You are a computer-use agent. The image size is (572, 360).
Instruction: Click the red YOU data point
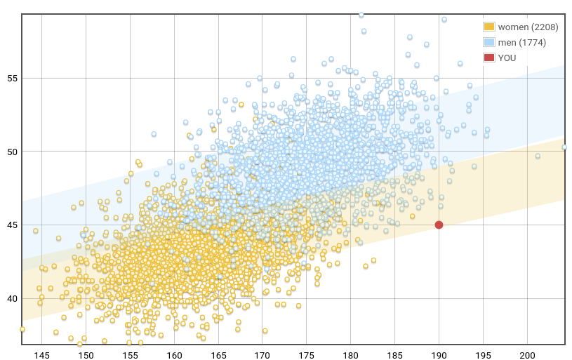click(x=439, y=225)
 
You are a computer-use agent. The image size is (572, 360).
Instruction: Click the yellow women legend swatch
click(x=489, y=27)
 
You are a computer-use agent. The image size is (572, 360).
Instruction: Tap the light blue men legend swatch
click(x=489, y=42)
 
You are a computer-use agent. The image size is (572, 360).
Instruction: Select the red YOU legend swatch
click(x=489, y=58)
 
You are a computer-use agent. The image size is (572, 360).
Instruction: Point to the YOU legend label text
click(x=507, y=58)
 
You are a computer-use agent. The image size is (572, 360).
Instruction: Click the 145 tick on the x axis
click(x=42, y=356)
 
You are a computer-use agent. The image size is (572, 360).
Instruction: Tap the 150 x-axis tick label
click(x=86, y=356)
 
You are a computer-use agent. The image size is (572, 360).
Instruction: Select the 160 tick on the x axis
click(x=174, y=356)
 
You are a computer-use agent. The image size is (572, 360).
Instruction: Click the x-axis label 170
click(x=262, y=356)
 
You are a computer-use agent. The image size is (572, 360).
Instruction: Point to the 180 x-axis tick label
click(x=351, y=356)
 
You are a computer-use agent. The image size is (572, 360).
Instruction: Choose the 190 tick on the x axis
click(x=439, y=356)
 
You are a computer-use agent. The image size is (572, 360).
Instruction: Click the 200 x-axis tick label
click(x=528, y=356)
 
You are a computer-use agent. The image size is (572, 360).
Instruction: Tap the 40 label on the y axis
click(x=11, y=299)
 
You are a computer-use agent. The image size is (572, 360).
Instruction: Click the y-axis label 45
click(x=11, y=225)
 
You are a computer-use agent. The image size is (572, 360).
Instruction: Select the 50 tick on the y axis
click(x=11, y=152)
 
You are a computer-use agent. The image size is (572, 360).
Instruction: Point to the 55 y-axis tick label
click(x=11, y=78)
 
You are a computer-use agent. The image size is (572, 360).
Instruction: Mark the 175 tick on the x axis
click(x=307, y=356)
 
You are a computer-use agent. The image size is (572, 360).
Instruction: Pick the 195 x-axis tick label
click(x=484, y=356)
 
